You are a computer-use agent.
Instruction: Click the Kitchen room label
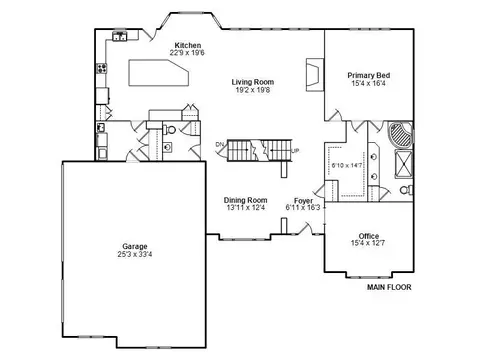click(188, 45)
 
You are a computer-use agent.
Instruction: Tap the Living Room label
click(253, 82)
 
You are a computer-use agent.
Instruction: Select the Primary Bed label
click(369, 75)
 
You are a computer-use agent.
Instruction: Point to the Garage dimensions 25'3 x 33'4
click(135, 254)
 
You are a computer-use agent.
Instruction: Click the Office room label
click(369, 236)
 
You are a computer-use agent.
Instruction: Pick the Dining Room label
click(245, 200)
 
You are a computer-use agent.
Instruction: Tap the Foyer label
click(303, 201)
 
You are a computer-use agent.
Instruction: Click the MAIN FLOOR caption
click(389, 287)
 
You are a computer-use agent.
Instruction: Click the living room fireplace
click(315, 75)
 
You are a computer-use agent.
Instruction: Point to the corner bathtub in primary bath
click(400, 134)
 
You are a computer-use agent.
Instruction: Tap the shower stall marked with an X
click(404, 164)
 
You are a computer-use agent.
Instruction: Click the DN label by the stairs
click(220, 144)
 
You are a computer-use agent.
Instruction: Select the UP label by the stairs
click(295, 151)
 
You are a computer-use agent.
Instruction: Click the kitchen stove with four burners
click(102, 68)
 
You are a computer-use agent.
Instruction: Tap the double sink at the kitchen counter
click(119, 36)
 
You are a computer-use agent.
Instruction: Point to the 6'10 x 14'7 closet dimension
click(347, 165)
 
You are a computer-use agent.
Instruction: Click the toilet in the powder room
click(170, 129)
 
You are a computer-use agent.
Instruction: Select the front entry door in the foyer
click(305, 229)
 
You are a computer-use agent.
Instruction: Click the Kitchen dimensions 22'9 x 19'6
click(187, 53)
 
